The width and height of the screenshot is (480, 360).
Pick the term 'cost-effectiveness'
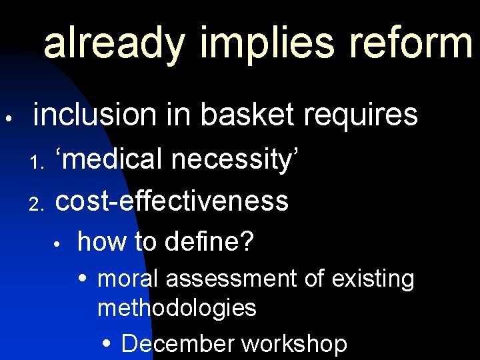click(x=172, y=200)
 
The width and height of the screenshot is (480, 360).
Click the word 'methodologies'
click(x=177, y=308)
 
